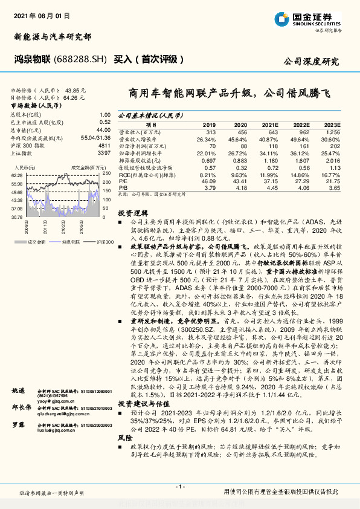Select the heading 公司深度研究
[311, 61]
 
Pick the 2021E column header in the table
[271, 124]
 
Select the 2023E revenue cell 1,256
[333, 132]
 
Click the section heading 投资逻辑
[132, 213]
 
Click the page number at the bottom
[179, 487]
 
